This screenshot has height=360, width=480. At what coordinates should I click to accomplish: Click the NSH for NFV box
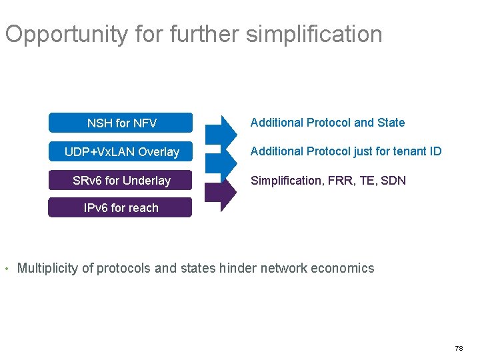121,123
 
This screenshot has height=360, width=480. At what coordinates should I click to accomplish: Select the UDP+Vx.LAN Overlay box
121,151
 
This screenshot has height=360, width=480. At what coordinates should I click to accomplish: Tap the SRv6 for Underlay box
121,181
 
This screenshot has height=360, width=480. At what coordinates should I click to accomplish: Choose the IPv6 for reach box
121,207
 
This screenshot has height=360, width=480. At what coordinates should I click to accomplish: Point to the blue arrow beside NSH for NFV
220,130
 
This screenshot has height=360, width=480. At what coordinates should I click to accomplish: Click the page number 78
458,348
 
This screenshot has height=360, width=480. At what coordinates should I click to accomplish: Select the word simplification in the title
314,34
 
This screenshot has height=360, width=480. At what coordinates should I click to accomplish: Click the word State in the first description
391,123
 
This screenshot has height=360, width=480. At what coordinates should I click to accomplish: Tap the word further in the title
205,34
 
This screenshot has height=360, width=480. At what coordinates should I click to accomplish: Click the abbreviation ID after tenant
435,151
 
